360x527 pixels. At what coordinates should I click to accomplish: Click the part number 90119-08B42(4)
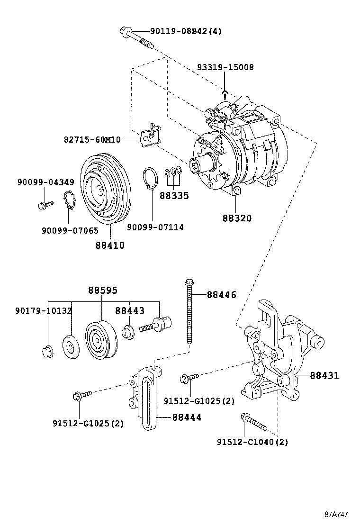(x=186, y=32)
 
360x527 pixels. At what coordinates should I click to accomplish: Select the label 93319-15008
(x=225, y=67)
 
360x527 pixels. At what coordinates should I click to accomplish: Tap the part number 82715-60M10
(x=92, y=140)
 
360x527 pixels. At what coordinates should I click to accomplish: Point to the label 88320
(x=237, y=218)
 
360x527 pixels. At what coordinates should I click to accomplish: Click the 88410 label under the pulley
(x=110, y=245)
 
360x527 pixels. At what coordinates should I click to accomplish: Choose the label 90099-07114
(x=155, y=227)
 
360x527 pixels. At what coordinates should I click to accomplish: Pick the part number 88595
(x=102, y=290)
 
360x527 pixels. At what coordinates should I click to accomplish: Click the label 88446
(x=221, y=295)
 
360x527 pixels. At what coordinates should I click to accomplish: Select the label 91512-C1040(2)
(x=252, y=442)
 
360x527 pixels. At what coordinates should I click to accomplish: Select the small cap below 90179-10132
(x=46, y=352)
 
